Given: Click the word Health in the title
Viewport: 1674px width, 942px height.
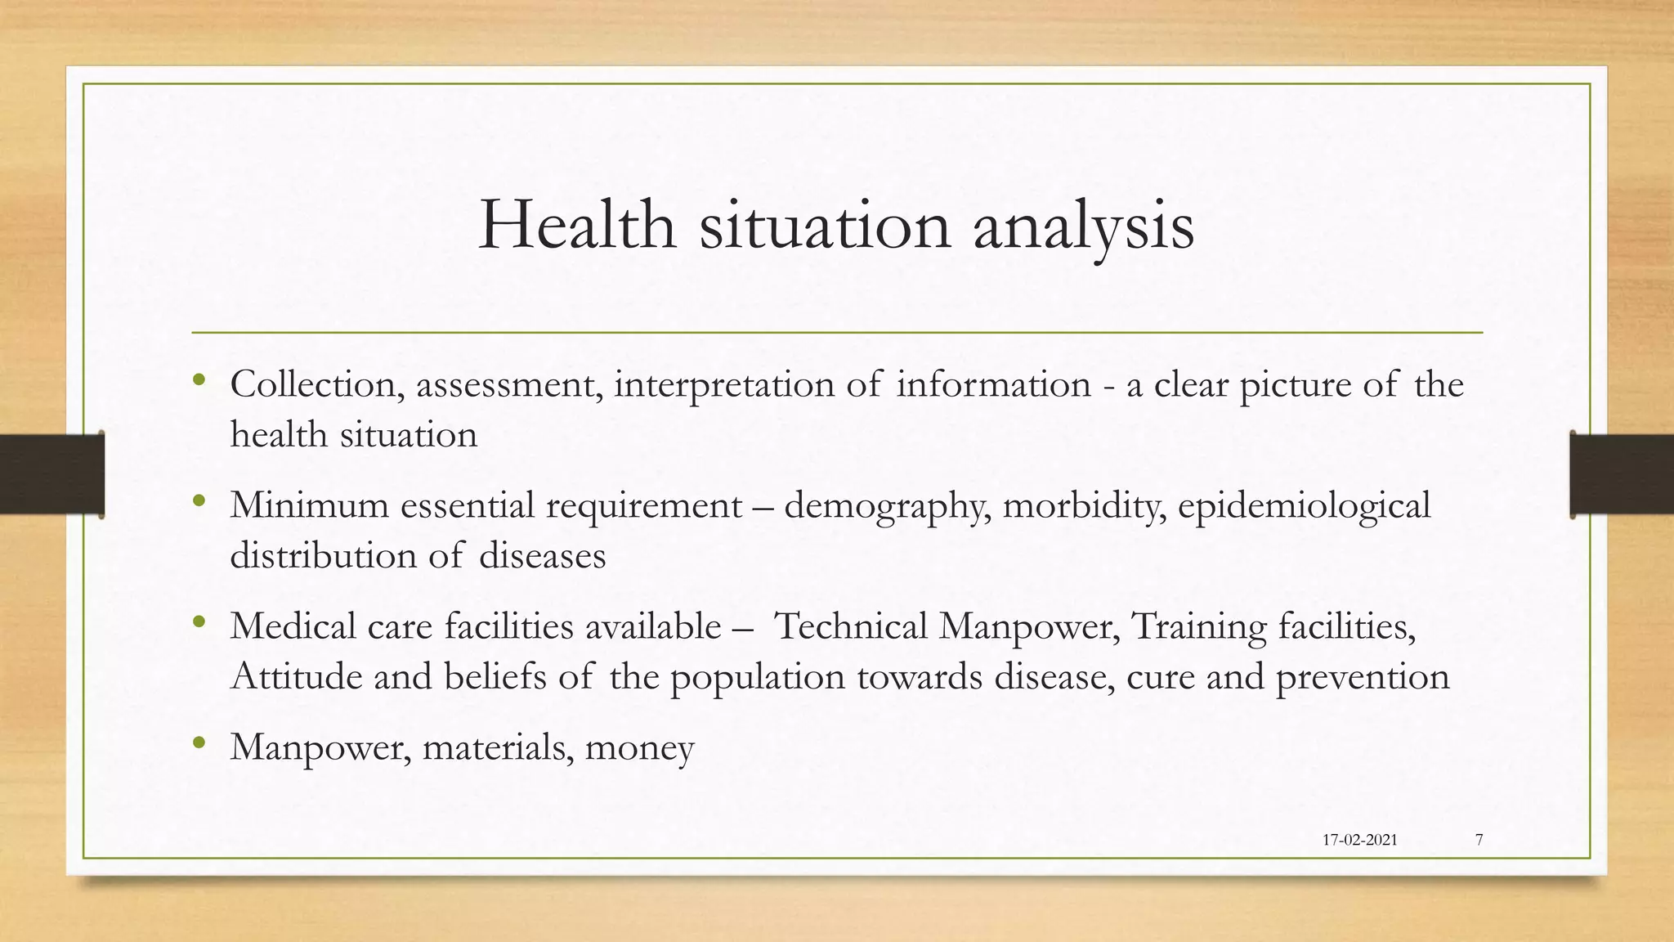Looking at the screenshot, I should coord(576,225).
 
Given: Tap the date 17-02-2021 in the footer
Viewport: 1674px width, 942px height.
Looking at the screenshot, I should coord(1359,840).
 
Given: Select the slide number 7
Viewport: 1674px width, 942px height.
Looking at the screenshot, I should coord(1479,840).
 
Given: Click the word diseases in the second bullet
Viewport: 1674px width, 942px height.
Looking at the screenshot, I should coord(542,556).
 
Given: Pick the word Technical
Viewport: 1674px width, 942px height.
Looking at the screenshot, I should coord(851,626).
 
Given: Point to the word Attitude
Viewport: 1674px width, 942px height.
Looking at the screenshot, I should coord(296,677).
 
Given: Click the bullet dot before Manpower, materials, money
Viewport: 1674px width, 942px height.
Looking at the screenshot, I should coord(199,743).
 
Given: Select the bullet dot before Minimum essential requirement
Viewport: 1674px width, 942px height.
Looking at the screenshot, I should coord(199,500).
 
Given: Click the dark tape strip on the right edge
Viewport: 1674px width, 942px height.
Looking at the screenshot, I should coord(1622,474).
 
